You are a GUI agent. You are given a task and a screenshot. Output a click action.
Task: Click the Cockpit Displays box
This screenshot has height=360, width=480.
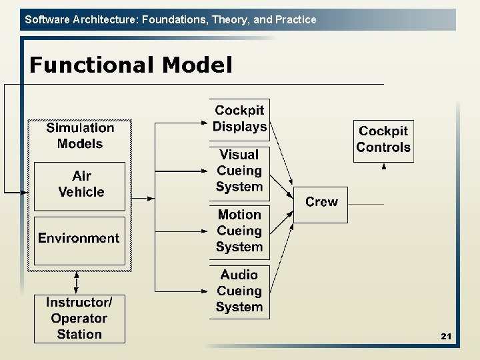240,119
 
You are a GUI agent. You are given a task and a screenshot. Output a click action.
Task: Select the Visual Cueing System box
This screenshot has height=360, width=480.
240,171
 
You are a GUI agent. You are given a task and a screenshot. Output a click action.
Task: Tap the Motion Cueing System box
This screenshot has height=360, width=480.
239,231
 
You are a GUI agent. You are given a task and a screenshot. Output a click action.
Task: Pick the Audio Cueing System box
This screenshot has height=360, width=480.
239,291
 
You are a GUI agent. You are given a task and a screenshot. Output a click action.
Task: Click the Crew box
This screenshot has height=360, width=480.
321,202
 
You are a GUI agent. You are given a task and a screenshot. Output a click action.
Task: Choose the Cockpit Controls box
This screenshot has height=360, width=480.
383,140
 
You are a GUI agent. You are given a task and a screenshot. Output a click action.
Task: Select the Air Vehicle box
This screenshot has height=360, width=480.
80,184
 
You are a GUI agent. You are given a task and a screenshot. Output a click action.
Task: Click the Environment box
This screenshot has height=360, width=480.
79,239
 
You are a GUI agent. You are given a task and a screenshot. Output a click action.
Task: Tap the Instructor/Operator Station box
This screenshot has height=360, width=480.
79,319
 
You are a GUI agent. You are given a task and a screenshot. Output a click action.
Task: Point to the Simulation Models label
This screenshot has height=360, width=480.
80,136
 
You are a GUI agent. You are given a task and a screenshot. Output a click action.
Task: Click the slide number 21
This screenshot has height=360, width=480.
446,337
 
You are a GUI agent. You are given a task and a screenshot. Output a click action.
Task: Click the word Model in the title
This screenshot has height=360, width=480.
197,65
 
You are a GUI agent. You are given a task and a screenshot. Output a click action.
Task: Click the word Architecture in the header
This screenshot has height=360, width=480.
97,19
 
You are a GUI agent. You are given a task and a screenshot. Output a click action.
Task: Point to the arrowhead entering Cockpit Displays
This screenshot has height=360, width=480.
205,122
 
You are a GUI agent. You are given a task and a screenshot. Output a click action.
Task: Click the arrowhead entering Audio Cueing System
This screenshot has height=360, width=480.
205,291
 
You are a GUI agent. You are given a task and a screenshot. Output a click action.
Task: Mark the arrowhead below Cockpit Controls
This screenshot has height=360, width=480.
384,167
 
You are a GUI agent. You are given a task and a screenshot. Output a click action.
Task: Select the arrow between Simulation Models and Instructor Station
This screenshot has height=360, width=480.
77,282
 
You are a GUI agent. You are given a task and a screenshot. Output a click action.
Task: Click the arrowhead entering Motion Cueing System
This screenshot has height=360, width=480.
205,231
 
